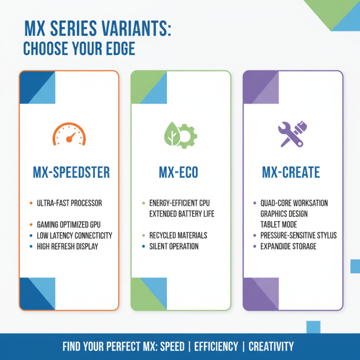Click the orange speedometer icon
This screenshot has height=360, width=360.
point(69,134)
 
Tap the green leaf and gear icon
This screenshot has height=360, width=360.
point(181,134)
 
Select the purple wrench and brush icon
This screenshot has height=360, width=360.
point(292,134)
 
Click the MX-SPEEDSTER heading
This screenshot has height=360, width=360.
point(72,172)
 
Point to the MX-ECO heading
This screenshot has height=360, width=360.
point(181,172)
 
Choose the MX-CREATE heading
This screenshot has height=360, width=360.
point(291,172)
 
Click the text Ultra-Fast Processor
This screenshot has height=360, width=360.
point(69,203)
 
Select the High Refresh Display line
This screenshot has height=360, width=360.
point(67,246)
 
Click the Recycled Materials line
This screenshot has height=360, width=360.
point(178,235)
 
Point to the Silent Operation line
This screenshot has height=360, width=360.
point(174,246)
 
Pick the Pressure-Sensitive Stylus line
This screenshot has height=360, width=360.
point(298,235)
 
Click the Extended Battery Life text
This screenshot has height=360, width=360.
point(182,214)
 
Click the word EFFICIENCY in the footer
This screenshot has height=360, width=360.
point(216,346)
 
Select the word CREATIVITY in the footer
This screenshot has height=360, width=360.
point(271,346)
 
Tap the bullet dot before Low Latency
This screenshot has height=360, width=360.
point(31,236)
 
